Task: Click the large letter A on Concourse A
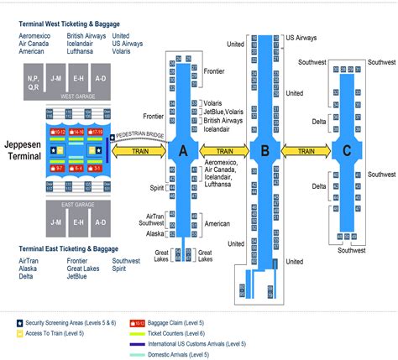coord(178,152)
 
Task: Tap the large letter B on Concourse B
coord(265,152)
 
